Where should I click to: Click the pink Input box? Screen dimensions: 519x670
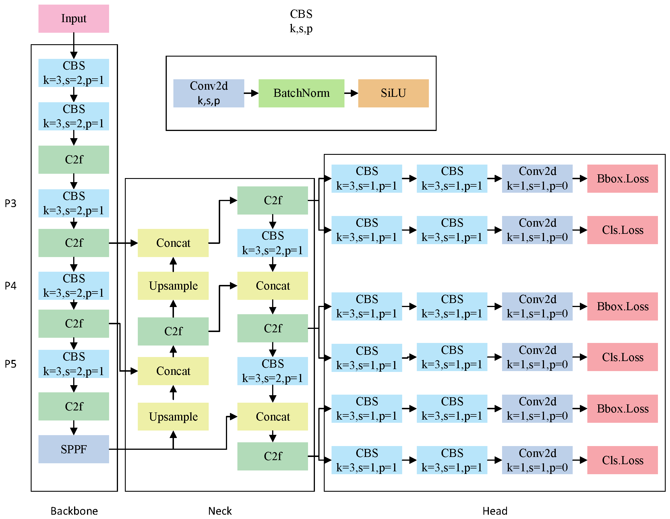pos(73,18)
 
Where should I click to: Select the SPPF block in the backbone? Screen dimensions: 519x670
pos(73,449)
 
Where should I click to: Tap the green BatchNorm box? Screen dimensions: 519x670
pos(301,93)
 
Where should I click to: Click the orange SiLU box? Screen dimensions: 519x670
pos(393,93)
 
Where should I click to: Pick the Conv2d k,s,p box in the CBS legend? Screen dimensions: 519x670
pos(209,93)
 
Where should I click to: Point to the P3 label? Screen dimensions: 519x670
pos(10,203)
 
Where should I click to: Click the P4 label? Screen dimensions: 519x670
pos(10,286)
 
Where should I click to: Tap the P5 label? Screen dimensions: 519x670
pos(10,364)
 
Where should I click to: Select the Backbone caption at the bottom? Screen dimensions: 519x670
pos(74,511)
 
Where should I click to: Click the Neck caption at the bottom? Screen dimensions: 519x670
pos(220,511)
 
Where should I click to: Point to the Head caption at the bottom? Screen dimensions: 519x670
pos(495,511)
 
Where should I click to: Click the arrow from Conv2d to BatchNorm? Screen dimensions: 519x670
pos(251,93)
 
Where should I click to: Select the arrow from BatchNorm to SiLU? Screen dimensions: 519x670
pos(351,93)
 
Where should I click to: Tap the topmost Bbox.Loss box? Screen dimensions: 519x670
pos(622,179)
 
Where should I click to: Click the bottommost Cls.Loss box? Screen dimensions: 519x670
pos(622,460)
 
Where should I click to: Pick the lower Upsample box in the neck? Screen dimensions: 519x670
pos(173,416)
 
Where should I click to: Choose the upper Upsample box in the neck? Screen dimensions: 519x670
pos(173,286)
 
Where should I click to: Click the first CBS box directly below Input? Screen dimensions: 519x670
pos(73,73)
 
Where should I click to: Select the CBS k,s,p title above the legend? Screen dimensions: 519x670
pos(301,21)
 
